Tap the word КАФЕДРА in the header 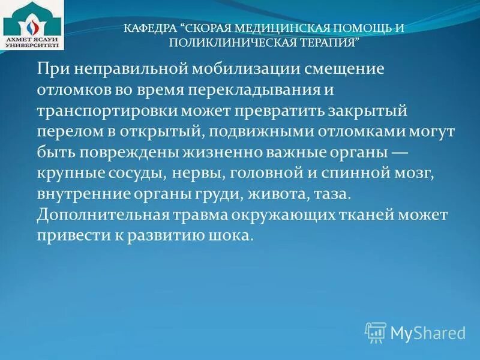tap(149, 28)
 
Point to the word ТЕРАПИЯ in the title tap(329, 43)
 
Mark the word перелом tap(67, 133)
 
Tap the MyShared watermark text tap(428, 332)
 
